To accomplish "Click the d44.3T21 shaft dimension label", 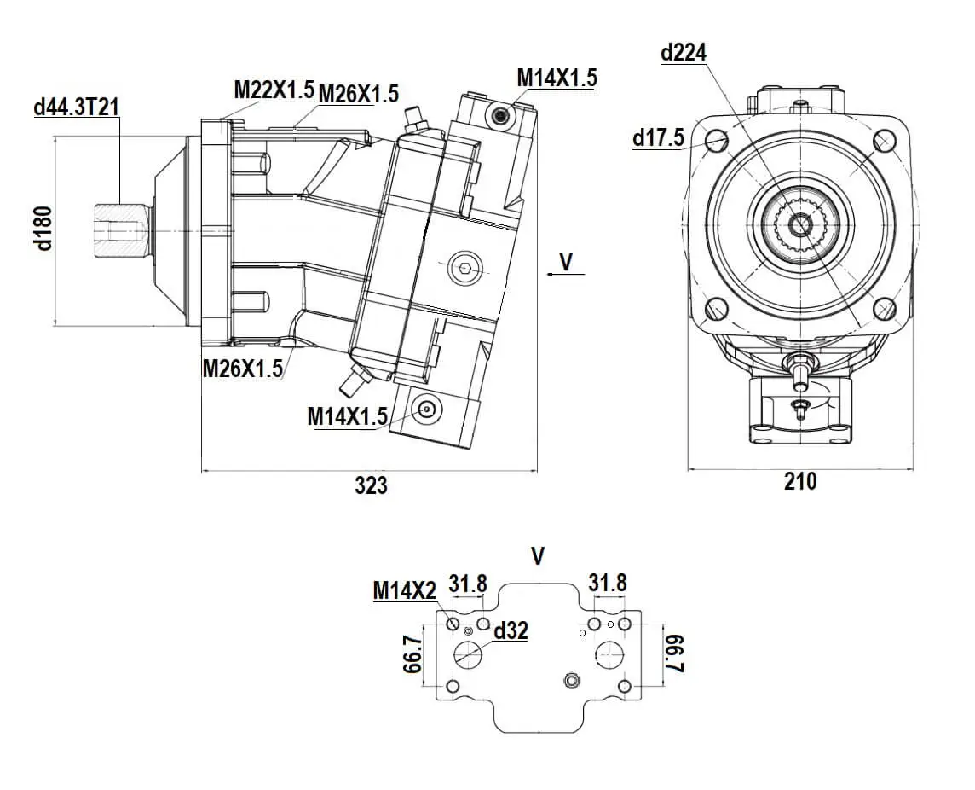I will pos(76,107).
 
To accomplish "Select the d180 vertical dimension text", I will pos(43,228).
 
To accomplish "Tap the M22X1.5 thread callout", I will pos(274,89).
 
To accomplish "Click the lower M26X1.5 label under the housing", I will pos(243,369).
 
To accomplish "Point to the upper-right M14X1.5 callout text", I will pos(557,78).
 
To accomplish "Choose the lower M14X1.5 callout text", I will pos(348,416).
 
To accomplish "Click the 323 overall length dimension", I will pos(371,485).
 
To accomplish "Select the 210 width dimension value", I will pos(799,482).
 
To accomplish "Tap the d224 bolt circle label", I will pos(684,53).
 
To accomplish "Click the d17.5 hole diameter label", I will pos(658,138).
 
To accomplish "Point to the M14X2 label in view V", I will pos(404,590).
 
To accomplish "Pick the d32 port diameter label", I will pos(511,630).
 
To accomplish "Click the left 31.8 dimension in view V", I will pos(468,584).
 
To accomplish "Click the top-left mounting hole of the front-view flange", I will pos(716,139).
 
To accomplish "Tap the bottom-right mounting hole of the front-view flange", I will pos(885,308).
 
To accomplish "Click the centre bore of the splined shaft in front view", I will pos(800,224).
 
